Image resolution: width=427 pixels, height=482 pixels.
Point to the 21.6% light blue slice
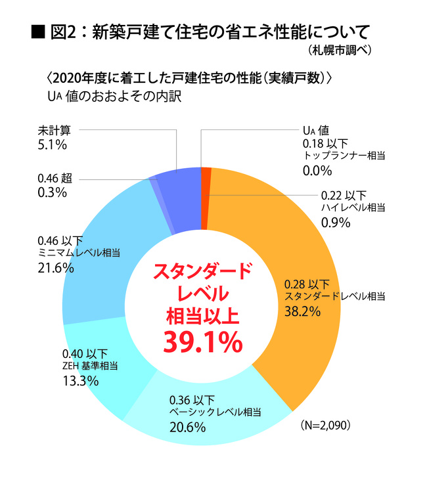pyautogui.click(x=99, y=250)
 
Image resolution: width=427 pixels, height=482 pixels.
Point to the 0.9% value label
pyautogui.click(x=336, y=222)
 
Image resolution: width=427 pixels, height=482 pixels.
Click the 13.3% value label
pyautogui.click(x=80, y=381)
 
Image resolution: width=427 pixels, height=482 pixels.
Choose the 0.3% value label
pyautogui.click(x=53, y=192)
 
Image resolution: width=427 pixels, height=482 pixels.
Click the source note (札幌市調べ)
pyautogui.click(x=339, y=51)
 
